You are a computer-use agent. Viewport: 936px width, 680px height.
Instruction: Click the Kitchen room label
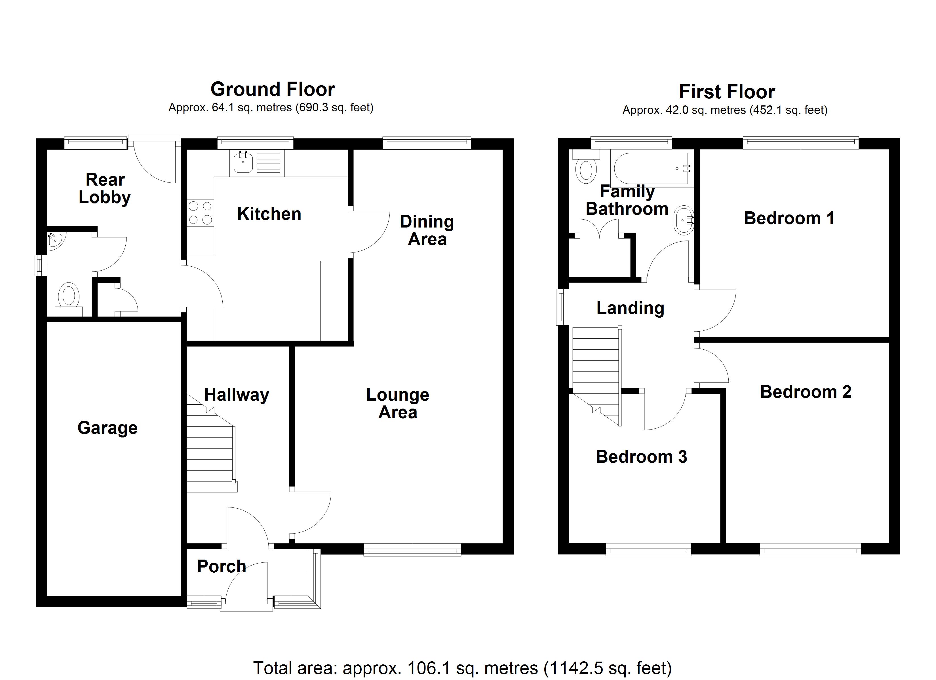click(269, 214)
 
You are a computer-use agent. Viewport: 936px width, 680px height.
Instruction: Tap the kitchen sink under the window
click(243, 162)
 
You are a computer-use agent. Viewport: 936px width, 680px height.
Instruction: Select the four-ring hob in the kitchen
click(200, 213)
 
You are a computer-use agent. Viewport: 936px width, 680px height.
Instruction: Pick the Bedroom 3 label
click(641, 457)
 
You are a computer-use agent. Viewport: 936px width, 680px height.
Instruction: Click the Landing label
click(630, 308)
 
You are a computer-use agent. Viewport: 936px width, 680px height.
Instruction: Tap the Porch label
click(222, 566)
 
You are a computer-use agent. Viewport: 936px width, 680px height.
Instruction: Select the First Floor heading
click(727, 92)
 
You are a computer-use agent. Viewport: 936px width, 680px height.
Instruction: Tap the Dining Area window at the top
click(426, 143)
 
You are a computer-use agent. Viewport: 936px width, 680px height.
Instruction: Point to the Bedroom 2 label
click(806, 392)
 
